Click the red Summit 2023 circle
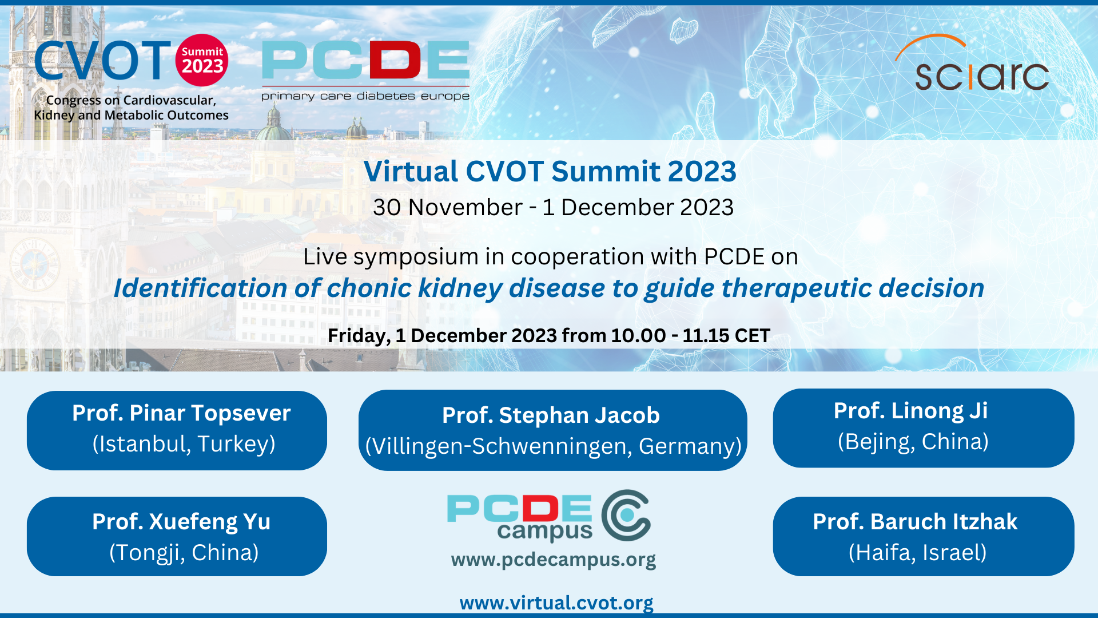[x=202, y=61]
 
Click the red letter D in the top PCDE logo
[x=395, y=60]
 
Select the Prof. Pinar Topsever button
[x=177, y=430]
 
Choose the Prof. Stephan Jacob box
[x=552, y=430]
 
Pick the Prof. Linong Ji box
[x=923, y=428]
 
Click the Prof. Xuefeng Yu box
[x=177, y=536]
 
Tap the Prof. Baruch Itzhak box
[x=923, y=536]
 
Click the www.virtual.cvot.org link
[x=556, y=603]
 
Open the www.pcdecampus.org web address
[x=553, y=560]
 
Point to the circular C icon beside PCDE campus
[x=626, y=515]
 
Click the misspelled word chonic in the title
[x=369, y=288]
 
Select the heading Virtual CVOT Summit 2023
[x=550, y=171]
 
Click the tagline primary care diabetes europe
[x=365, y=96]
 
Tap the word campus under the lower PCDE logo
[x=544, y=531]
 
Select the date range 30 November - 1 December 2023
[x=553, y=207]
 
